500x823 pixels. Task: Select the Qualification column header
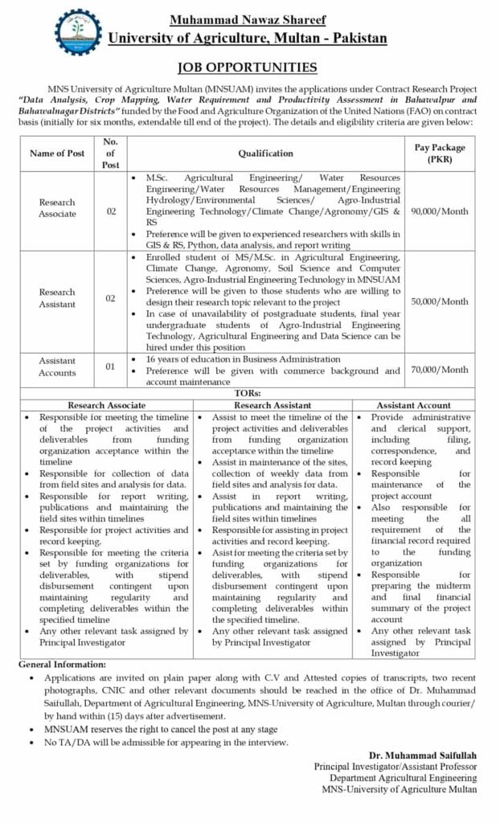click(265, 153)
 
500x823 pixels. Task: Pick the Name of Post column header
click(57, 153)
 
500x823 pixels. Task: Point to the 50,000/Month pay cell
click(440, 301)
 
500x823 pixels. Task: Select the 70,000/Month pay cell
click(440, 370)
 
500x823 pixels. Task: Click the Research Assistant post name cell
click(58, 300)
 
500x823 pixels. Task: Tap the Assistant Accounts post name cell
click(58, 367)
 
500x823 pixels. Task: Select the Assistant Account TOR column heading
click(413, 405)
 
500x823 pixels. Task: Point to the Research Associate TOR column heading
click(107, 405)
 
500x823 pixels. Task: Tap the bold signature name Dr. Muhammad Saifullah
click(422, 756)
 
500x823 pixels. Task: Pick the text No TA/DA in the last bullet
click(65, 742)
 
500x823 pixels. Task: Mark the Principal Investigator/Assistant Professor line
click(395, 768)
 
